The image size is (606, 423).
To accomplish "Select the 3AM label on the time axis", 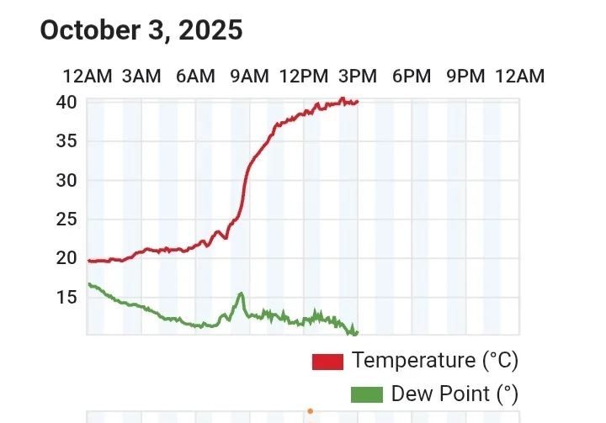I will [x=141, y=77].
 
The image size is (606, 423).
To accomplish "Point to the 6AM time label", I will [x=195, y=77].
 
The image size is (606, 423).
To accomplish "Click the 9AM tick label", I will [x=249, y=77].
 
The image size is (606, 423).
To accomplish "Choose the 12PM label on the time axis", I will [x=303, y=77].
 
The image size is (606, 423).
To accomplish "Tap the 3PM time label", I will [x=357, y=77].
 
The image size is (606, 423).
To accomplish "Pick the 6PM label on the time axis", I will [x=412, y=77].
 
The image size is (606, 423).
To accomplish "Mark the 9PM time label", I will [x=465, y=77].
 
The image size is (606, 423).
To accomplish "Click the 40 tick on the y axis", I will [x=67, y=102].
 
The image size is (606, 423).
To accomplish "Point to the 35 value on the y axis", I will [x=67, y=140].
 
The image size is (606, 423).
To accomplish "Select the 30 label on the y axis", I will [x=67, y=180].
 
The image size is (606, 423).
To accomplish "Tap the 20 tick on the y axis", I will [x=67, y=258].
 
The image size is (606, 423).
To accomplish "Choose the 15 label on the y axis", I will [x=67, y=297].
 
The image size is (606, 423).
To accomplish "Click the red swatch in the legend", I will [x=327, y=362].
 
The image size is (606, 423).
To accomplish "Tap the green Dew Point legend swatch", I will [x=366, y=394].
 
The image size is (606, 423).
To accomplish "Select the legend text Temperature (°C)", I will [x=435, y=361].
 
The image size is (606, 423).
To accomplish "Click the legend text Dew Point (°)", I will [x=454, y=394].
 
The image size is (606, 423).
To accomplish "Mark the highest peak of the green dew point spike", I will [x=242, y=293].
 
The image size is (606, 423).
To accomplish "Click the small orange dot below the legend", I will [x=310, y=411].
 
